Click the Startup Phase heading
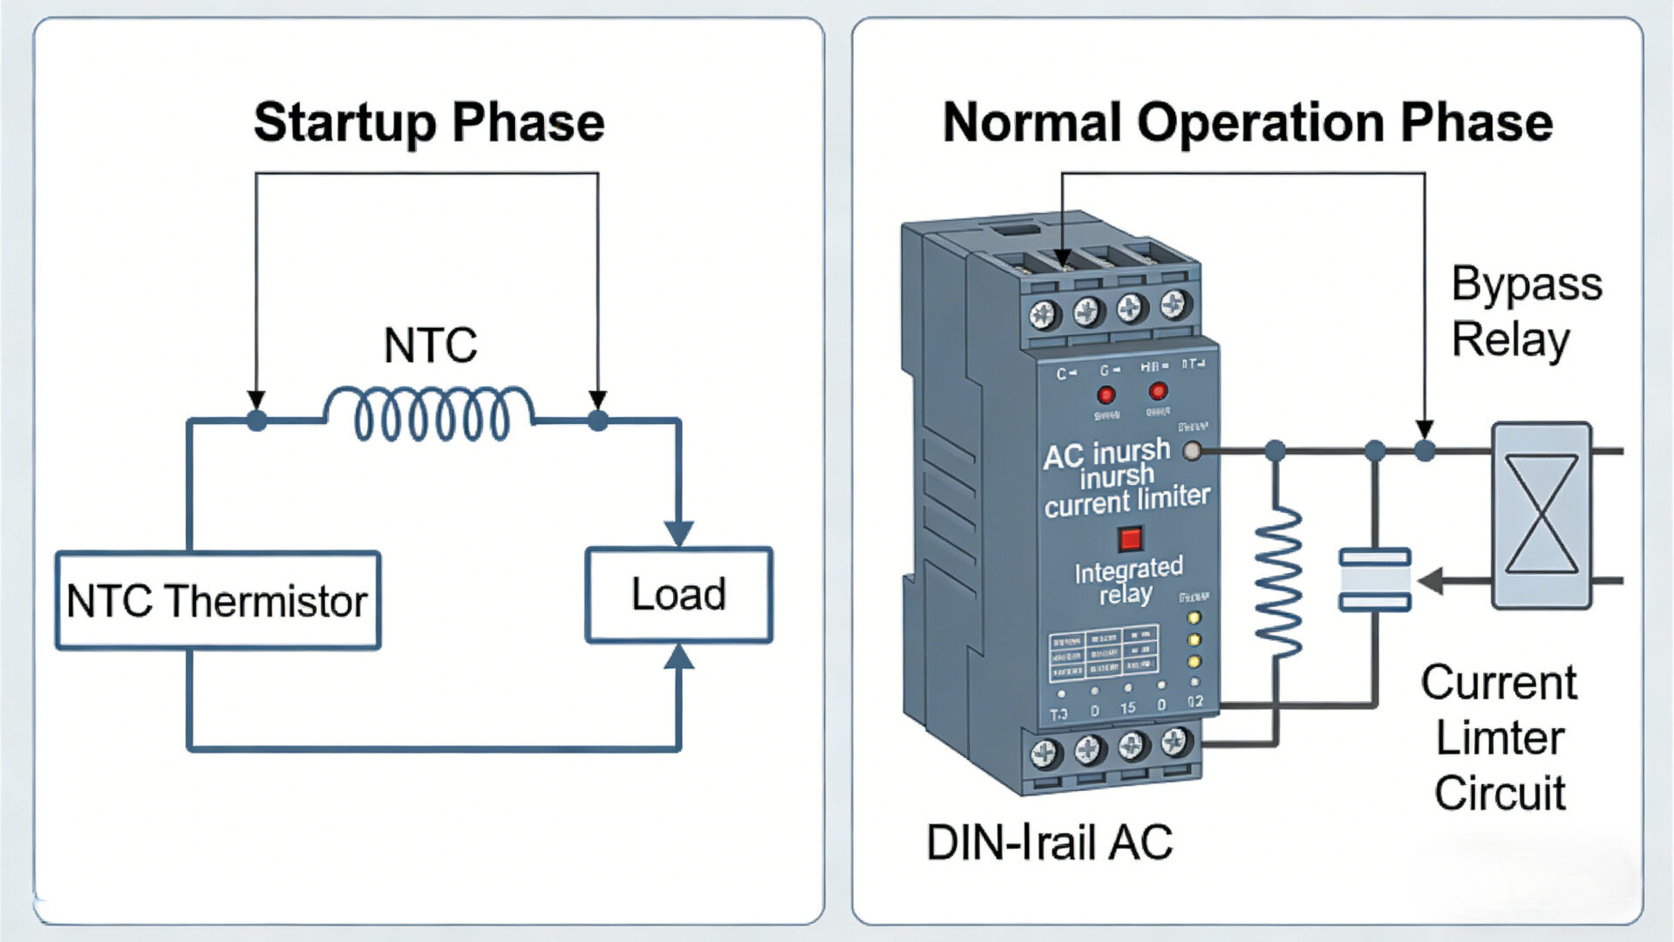pyautogui.click(x=429, y=122)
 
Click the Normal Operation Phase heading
pyautogui.click(x=1247, y=122)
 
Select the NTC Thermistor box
pyautogui.click(x=218, y=601)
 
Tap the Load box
pyautogui.click(x=678, y=595)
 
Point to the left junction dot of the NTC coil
pyautogui.click(x=256, y=420)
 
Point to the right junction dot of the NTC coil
pyautogui.click(x=597, y=420)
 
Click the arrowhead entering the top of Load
pyautogui.click(x=678, y=533)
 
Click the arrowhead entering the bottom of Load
pyautogui.click(x=678, y=656)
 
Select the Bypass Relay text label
pyautogui.click(x=1526, y=311)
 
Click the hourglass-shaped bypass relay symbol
pyautogui.click(x=1541, y=515)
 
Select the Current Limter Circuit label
pyautogui.click(x=1500, y=737)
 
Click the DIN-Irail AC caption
pyautogui.click(x=1049, y=843)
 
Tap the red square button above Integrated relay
pyautogui.click(x=1130, y=538)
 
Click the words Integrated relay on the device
pyautogui.click(x=1127, y=581)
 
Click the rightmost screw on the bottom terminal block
pyautogui.click(x=1174, y=742)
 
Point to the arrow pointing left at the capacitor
pyautogui.click(x=1434, y=580)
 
